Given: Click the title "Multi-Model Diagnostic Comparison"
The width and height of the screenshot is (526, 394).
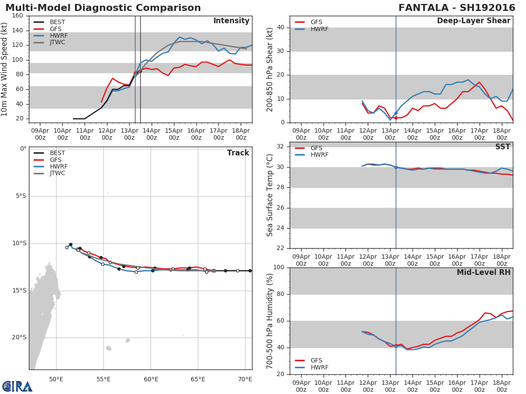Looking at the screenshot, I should [103, 8].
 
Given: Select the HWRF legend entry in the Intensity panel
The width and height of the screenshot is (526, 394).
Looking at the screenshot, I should [57, 36].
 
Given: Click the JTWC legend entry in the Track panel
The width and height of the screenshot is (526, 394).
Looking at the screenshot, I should [57, 173].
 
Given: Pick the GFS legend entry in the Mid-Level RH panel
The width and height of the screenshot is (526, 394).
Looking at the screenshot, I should [316, 360].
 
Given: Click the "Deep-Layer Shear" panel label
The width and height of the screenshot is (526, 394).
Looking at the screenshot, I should [473, 21].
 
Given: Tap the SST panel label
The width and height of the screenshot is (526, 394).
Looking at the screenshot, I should [502, 147].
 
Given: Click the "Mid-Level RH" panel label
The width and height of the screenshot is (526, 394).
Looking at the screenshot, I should [483, 273].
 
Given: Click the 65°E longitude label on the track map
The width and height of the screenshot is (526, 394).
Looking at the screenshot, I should [198, 379].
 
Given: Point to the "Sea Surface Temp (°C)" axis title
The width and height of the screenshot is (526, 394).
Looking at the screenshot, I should [270, 195].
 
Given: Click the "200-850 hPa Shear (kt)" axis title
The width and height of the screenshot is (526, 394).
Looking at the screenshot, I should [270, 69].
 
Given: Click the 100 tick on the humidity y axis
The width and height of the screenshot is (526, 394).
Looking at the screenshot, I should [279, 267].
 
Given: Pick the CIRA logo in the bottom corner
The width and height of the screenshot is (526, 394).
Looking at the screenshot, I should [18, 386].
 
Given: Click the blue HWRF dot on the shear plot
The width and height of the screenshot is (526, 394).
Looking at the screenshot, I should [396, 113].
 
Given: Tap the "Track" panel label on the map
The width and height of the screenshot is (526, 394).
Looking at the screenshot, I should [238, 153].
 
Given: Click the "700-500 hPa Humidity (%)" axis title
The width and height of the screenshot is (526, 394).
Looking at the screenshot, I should [270, 321].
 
